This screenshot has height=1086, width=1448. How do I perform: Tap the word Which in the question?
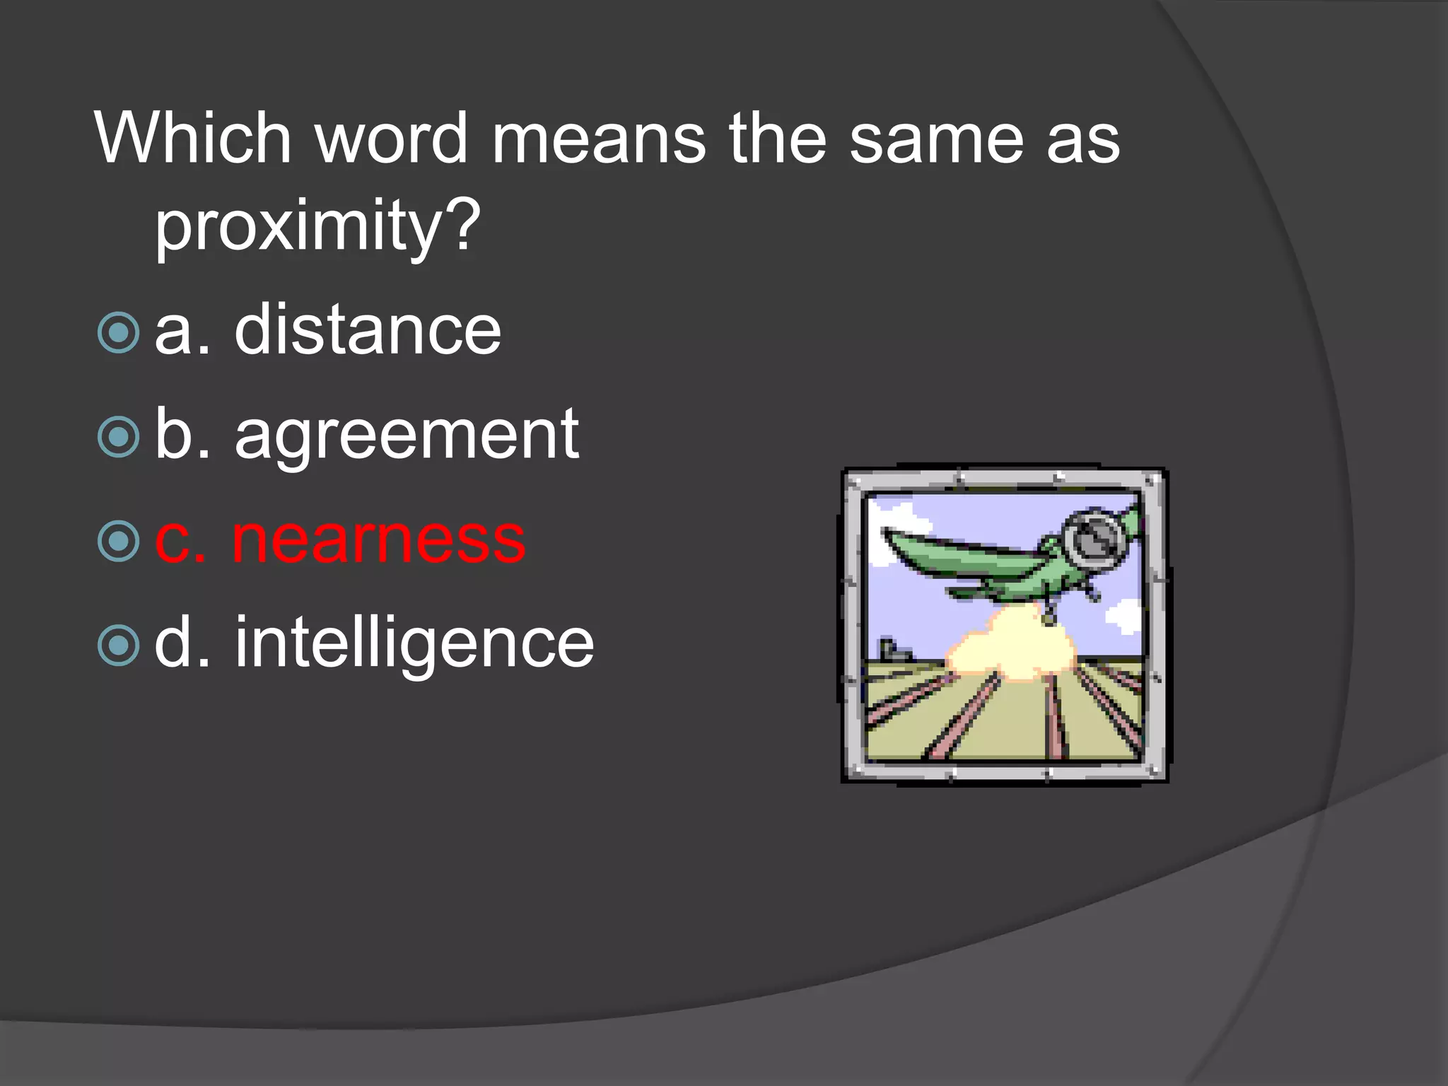point(192,139)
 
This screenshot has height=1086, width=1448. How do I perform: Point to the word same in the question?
point(936,139)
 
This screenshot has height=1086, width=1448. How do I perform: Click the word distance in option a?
point(368,330)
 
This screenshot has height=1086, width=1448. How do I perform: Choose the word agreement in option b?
point(407,435)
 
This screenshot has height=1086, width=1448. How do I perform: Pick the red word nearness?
point(378,539)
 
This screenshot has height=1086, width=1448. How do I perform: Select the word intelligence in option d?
point(414,643)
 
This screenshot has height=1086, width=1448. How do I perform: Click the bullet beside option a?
point(118,332)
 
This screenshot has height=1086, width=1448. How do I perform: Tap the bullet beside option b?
point(118,437)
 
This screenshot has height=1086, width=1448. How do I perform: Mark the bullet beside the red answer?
point(118,541)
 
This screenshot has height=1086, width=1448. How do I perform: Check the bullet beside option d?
point(118,645)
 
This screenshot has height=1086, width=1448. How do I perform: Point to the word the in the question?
point(777,139)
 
